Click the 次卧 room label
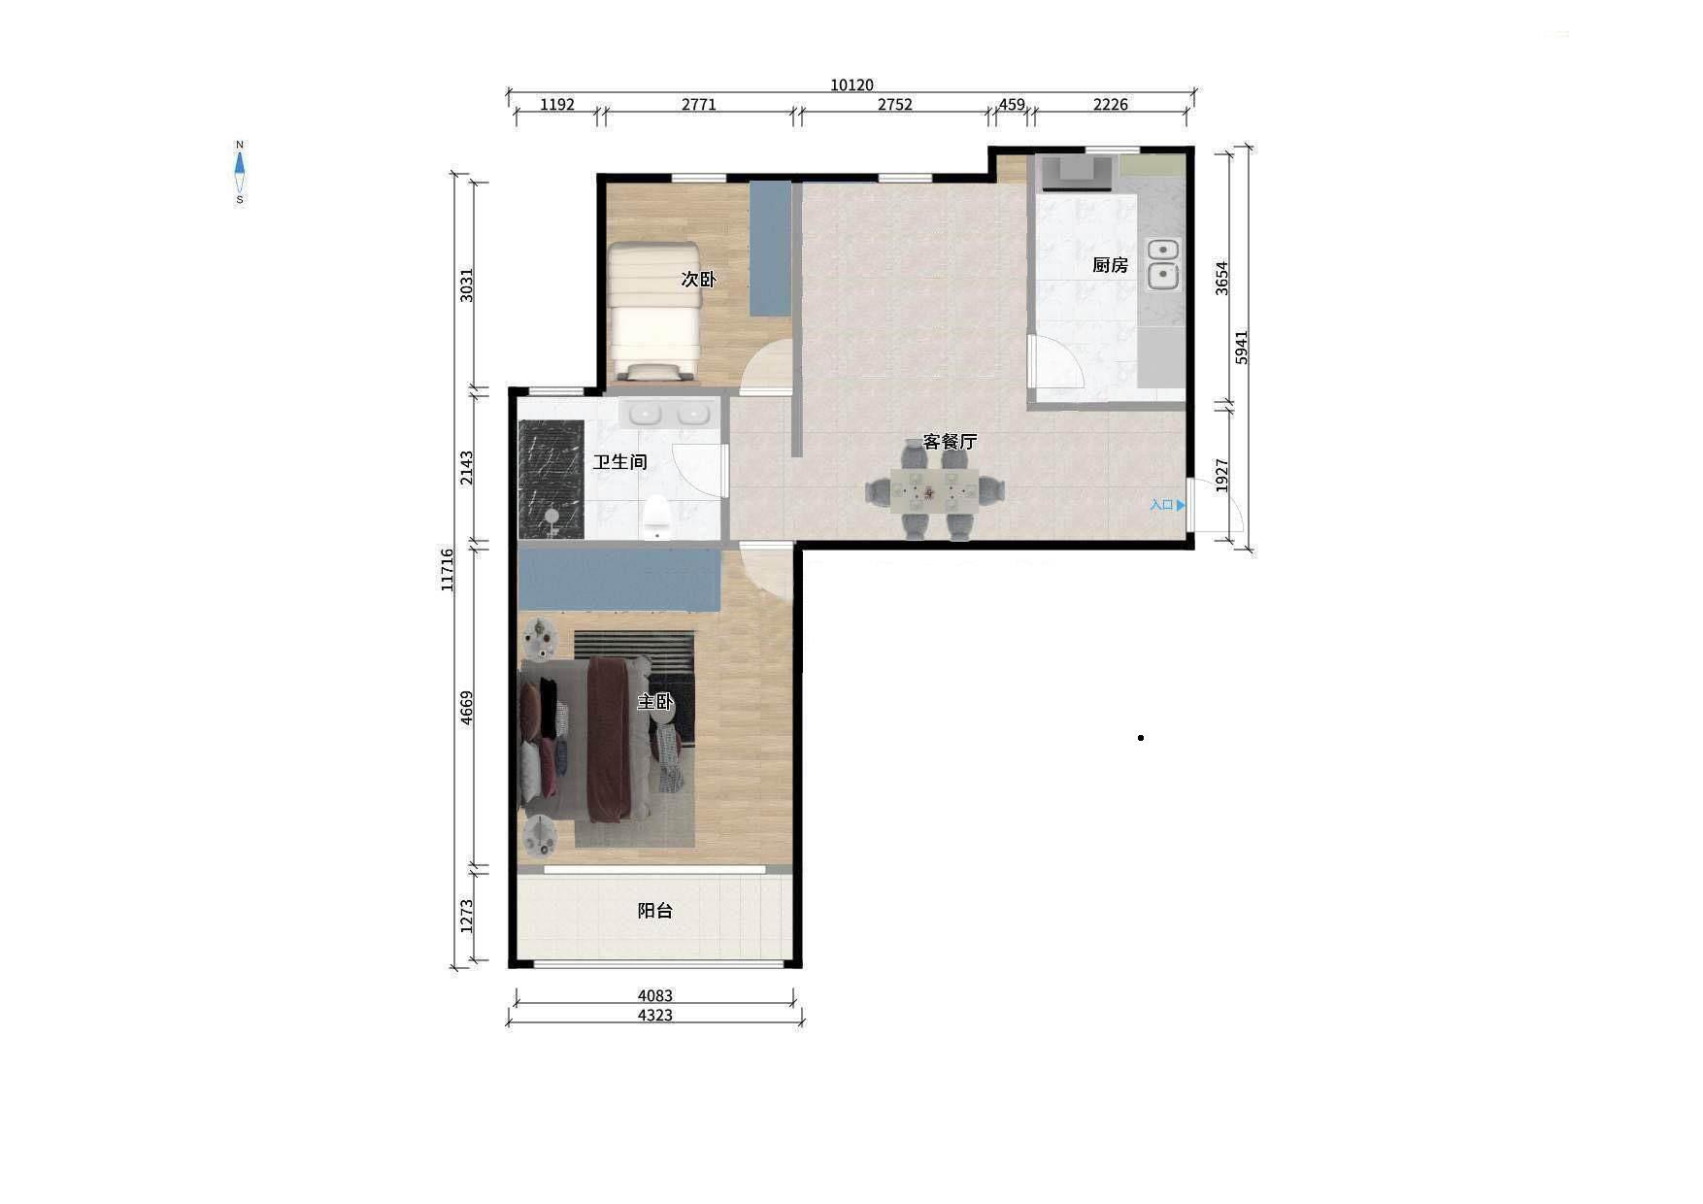[698, 279]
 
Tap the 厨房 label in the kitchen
[1110, 265]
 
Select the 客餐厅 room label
[950, 442]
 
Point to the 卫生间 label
[619, 462]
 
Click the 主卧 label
[654, 701]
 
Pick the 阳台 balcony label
[654, 911]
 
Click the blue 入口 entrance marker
[1167, 505]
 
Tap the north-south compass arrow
[240, 173]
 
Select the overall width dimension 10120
[851, 85]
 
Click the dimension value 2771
[699, 105]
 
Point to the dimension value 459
[1012, 105]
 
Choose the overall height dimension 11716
[448, 570]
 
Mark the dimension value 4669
[467, 708]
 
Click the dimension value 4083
[655, 995]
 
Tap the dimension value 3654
[1222, 279]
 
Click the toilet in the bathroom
[657, 517]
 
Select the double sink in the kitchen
[1163, 264]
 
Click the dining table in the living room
[935, 490]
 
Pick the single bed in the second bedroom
[654, 311]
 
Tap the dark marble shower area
[551, 479]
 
